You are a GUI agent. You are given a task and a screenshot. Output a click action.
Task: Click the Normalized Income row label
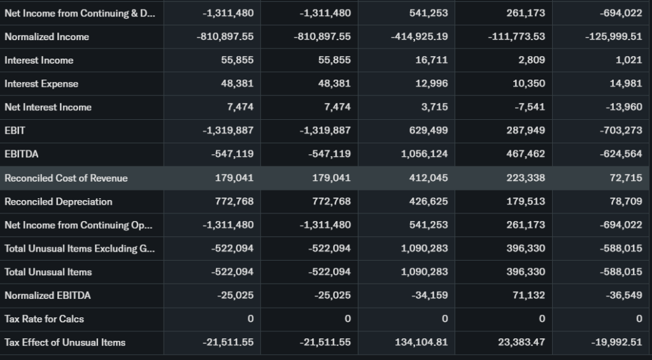(46, 37)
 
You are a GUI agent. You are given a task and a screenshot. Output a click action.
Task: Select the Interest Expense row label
(41, 84)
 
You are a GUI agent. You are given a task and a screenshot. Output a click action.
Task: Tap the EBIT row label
(15, 131)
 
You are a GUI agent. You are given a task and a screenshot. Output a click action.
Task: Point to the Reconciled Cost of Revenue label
(66, 178)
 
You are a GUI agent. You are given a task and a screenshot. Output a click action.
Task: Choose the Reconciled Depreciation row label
(58, 202)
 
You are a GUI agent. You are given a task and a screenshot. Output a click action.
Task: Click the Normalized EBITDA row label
(47, 296)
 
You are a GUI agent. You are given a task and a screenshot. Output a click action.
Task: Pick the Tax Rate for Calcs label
(44, 319)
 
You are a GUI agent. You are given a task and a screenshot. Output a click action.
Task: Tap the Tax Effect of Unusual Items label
(65, 342)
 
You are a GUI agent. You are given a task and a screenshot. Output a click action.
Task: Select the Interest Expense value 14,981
(625, 84)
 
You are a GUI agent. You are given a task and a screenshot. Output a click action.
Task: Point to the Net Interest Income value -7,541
(529, 107)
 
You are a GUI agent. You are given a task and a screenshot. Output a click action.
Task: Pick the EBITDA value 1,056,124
(424, 154)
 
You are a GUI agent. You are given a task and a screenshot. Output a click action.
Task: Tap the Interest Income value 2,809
(532, 61)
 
